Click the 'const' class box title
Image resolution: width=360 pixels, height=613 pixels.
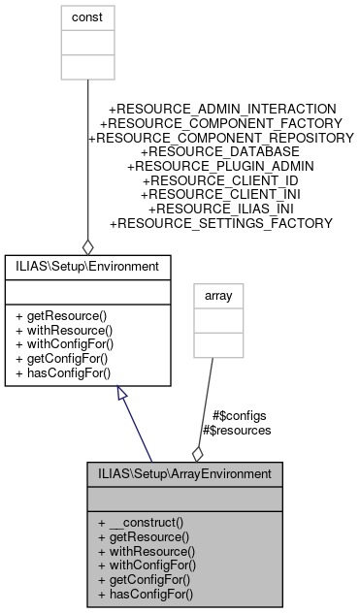coord(86,16)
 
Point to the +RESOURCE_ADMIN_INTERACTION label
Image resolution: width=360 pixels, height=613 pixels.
coord(223,110)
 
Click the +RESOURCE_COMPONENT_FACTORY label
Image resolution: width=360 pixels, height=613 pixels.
coord(221,124)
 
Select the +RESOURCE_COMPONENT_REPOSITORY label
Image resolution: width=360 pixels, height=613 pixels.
coord(221,139)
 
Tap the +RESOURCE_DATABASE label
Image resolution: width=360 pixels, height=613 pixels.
coord(221,152)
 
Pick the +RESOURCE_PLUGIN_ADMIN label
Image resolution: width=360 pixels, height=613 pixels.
coord(221,167)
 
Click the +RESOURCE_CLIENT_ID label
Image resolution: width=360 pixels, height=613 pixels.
coord(221,180)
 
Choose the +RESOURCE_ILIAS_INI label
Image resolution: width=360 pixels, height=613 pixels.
coord(221,209)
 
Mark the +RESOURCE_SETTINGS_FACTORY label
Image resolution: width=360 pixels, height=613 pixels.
coord(221,223)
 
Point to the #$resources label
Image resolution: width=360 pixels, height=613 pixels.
coord(236,429)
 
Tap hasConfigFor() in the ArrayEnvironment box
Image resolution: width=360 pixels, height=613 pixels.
coord(151,592)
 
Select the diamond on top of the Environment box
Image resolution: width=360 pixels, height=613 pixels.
coord(87,245)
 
